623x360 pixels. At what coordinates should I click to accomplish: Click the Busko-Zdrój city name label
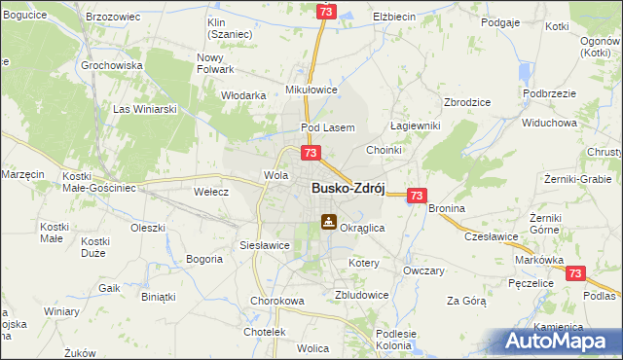(348, 189)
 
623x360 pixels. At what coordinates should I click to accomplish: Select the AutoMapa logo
(557, 341)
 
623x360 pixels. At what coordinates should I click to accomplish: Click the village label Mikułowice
(311, 90)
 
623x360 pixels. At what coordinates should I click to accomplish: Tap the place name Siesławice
(265, 245)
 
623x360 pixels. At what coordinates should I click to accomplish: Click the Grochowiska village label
(113, 65)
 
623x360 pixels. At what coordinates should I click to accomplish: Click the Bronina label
(446, 209)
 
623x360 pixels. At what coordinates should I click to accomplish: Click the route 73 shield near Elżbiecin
(325, 11)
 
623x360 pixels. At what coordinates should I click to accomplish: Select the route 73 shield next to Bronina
(417, 196)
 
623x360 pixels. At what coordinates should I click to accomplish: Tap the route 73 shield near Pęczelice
(575, 275)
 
